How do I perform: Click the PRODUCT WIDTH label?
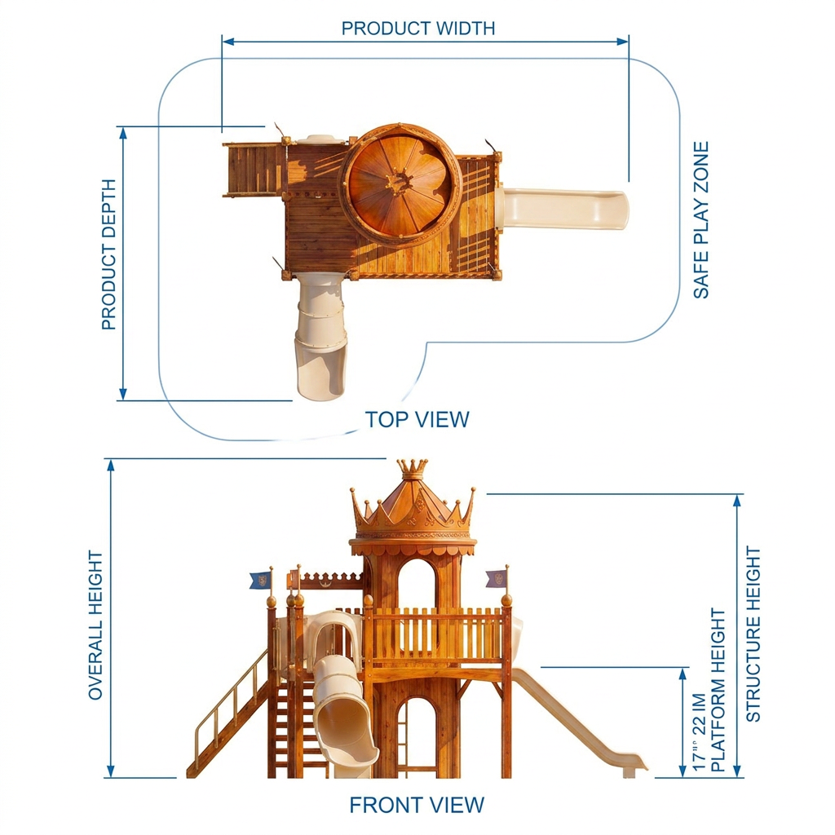(x=418, y=29)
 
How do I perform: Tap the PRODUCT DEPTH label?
(x=108, y=254)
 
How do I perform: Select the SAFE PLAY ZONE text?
(x=700, y=220)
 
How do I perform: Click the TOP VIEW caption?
(x=417, y=420)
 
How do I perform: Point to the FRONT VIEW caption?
(x=417, y=805)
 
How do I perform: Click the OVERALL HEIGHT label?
(x=95, y=625)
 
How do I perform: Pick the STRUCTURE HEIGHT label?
(x=753, y=634)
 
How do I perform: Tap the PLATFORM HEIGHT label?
(x=718, y=690)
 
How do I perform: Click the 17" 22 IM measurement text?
(x=698, y=731)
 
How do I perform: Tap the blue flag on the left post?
(x=260, y=580)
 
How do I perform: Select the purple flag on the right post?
(x=497, y=578)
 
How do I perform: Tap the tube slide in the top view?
(x=320, y=335)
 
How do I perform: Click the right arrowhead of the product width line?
(x=623, y=42)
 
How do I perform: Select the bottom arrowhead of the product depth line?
(x=123, y=394)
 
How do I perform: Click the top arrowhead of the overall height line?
(x=111, y=466)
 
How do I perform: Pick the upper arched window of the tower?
(x=417, y=582)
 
